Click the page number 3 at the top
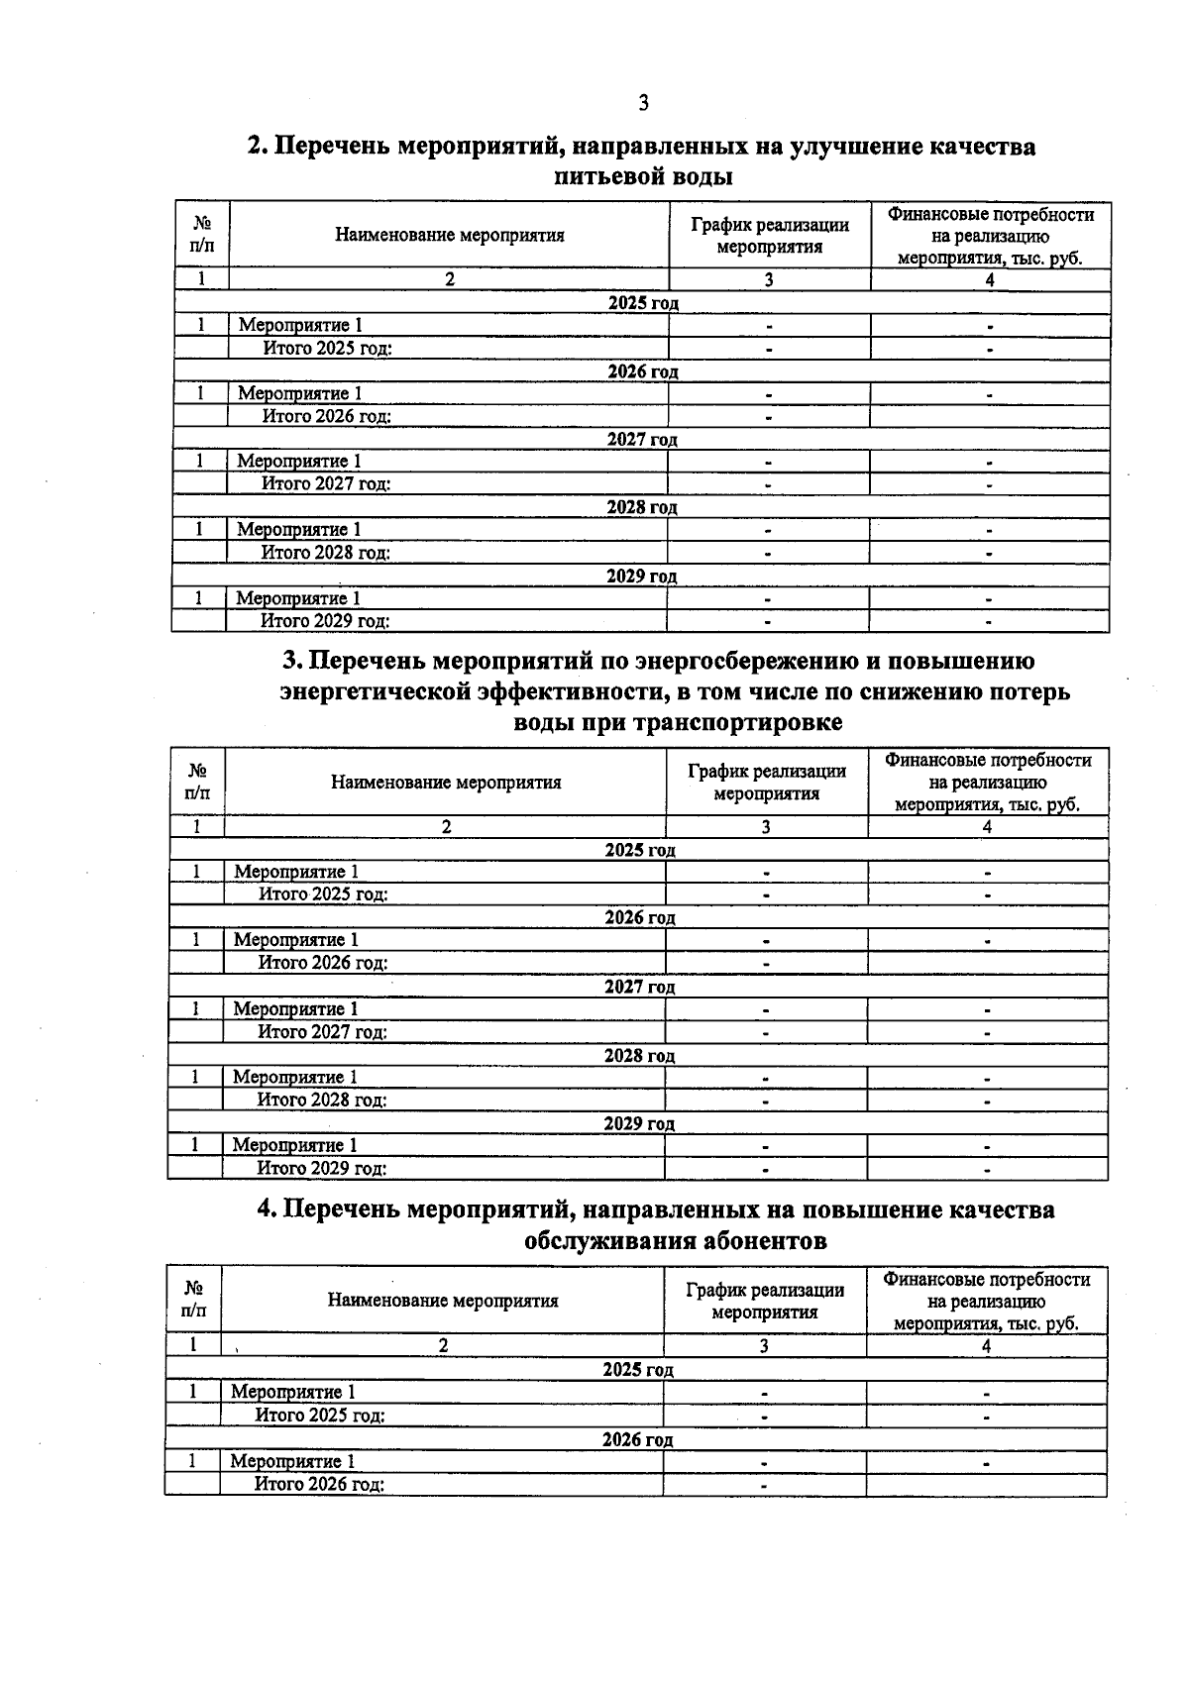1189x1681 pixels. click(644, 102)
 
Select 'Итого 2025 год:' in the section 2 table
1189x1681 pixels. click(327, 349)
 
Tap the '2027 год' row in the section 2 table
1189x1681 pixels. click(642, 440)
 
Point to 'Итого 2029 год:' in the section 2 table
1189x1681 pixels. click(324, 622)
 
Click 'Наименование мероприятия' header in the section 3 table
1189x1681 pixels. click(446, 783)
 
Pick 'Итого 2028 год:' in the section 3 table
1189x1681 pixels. click(322, 1101)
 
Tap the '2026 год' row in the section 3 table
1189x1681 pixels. click(640, 918)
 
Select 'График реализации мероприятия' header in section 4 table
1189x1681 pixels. click(765, 1301)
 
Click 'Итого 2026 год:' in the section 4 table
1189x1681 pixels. click(319, 1485)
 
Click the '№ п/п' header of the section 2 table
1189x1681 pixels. click(202, 235)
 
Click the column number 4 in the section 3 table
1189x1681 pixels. click(987, 827)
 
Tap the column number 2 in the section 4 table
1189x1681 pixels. click(443, 1346)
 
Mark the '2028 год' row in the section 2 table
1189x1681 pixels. click(642, 508)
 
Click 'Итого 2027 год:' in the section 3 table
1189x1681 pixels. click(322, 1032)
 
